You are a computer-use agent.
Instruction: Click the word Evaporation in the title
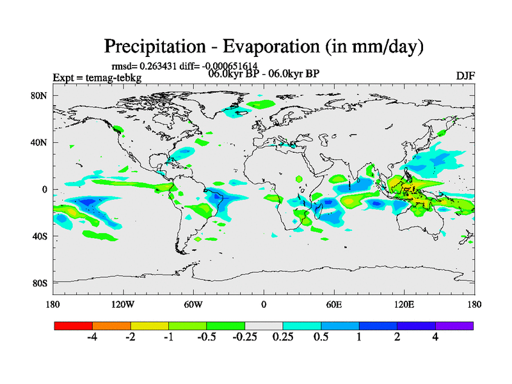coord(268,47)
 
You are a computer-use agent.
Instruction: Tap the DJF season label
coord(465,76)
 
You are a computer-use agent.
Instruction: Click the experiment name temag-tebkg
coord(115,78)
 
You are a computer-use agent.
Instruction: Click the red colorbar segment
coord(74,326)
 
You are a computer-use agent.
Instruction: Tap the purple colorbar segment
coord(454,326)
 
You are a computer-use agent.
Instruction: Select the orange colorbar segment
coord(111,326)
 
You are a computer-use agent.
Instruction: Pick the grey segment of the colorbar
coord(264,326)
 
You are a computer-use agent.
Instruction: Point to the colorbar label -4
coord(92,337)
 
